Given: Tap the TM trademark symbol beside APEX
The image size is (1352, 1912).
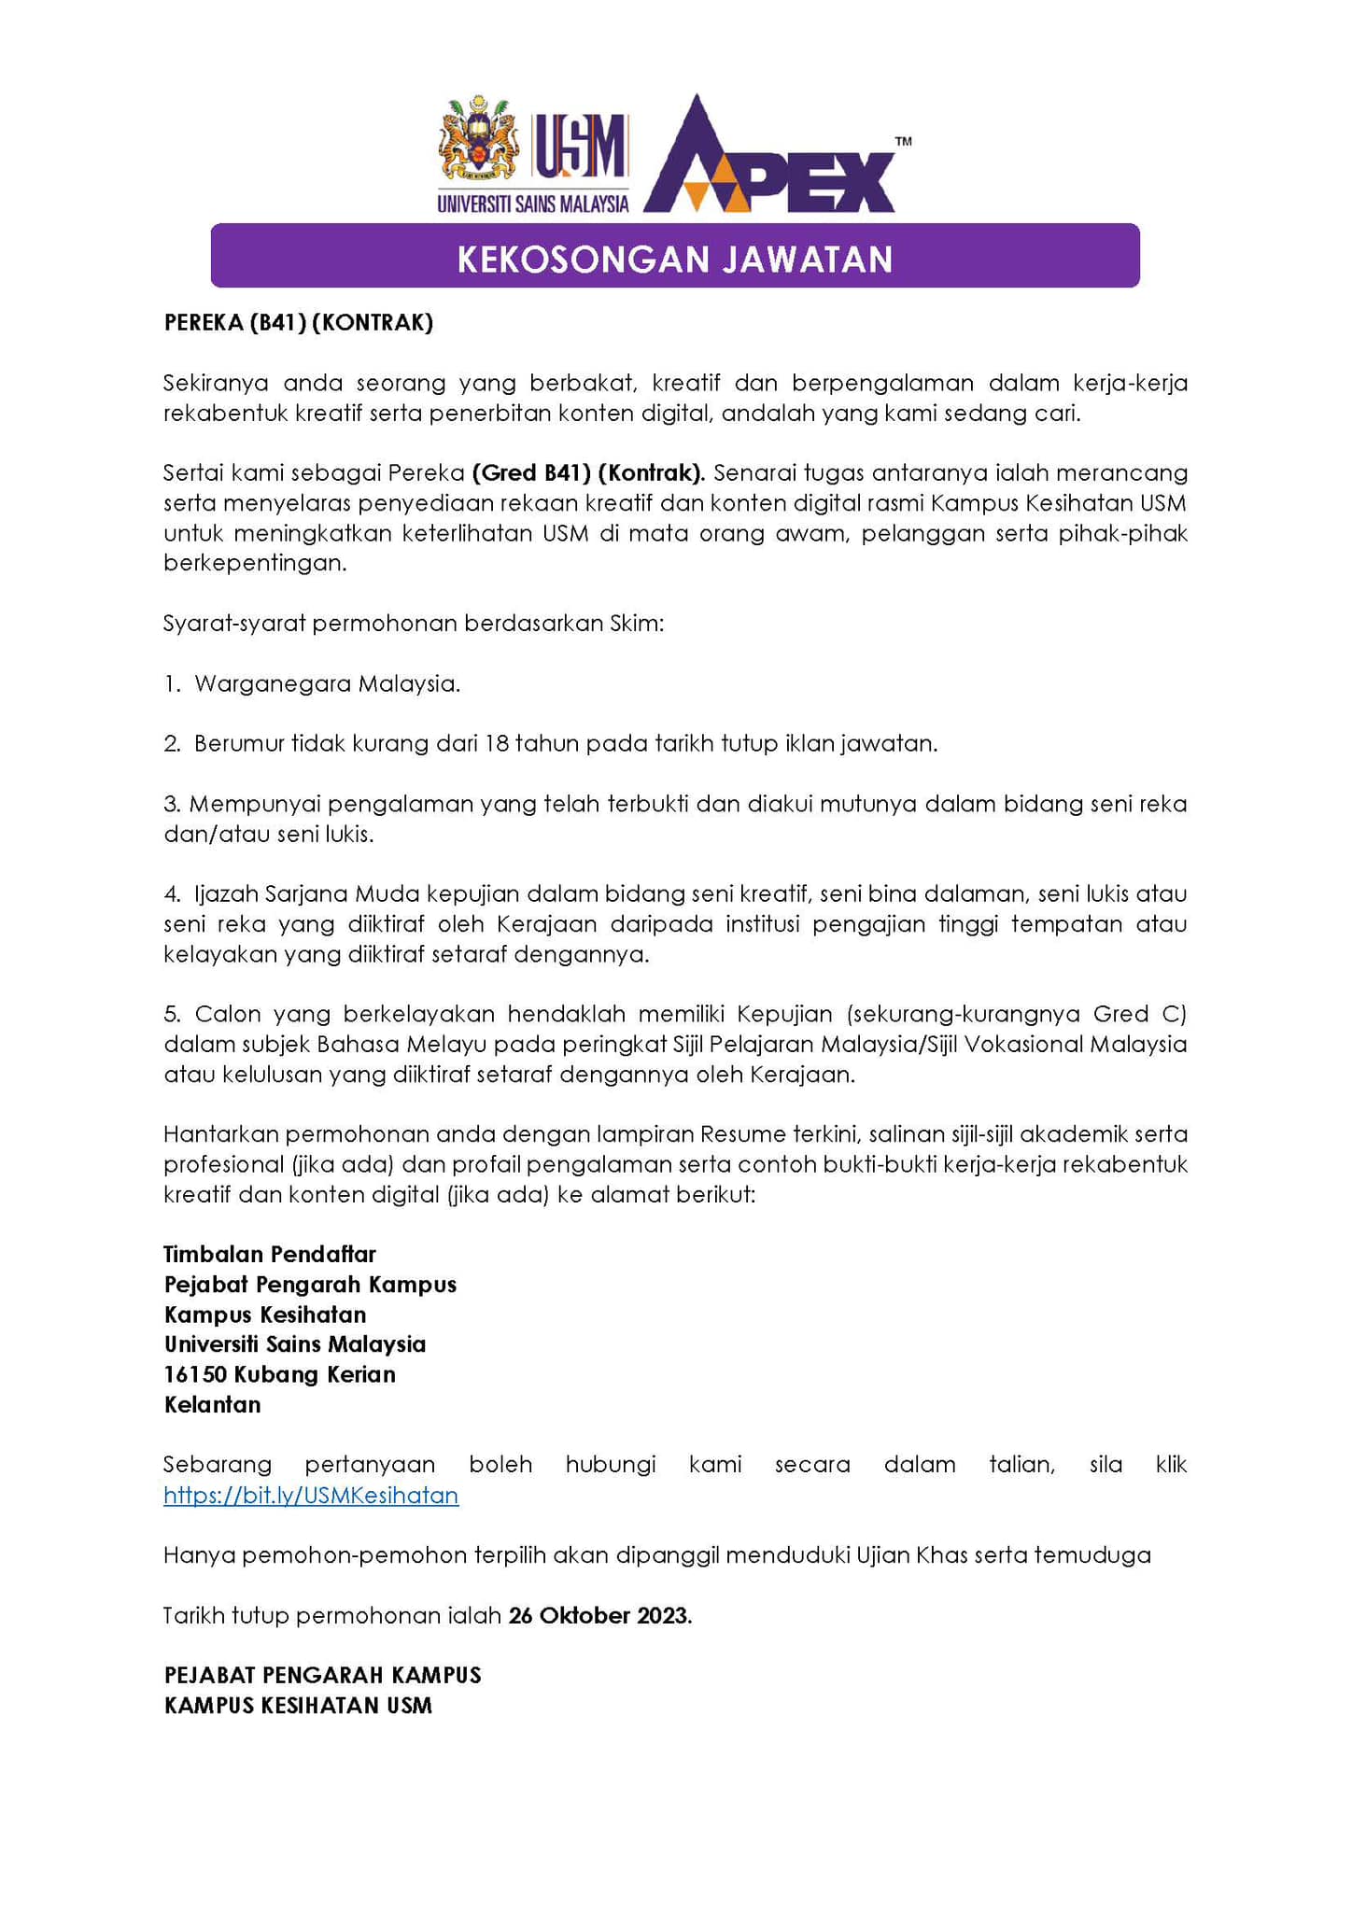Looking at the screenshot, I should click(903, 142).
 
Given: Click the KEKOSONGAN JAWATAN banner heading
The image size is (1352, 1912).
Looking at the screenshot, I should click(675, 259).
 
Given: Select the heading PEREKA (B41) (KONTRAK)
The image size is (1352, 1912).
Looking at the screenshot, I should click(299, 323).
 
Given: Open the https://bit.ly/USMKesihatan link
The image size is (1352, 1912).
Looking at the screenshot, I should click(311, 1495).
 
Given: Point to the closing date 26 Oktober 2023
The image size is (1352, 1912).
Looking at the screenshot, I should click(599, 1615).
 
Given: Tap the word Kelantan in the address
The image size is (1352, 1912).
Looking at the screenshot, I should click(212, 1404).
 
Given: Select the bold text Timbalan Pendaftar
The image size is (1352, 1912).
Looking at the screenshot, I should click(270, 1254).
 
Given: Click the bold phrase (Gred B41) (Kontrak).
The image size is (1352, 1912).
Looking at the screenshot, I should click(588, 473).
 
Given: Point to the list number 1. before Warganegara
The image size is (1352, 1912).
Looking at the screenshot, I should click(172, 684).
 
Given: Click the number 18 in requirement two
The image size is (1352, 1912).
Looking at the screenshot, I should click(496, 744).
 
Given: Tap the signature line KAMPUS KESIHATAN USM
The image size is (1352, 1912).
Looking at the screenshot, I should click(298, 1706).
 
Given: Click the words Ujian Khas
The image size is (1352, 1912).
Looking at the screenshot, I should click(911, 1555).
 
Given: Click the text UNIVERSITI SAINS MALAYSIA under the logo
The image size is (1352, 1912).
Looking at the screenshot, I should click(533, 204).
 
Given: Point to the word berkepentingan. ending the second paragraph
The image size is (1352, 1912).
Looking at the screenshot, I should click(255, 564).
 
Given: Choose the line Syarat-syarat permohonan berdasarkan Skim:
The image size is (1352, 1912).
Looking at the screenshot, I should click(414, 624).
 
